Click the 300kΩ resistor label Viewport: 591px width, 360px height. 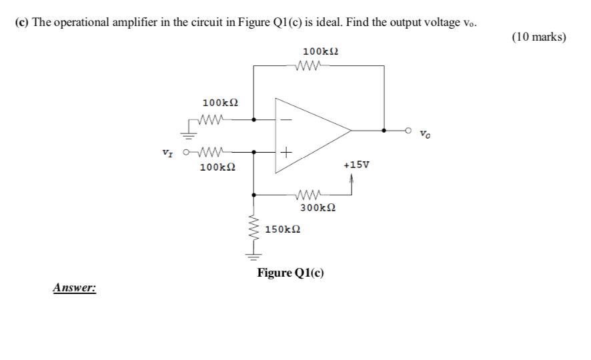pyautogui.click(x=318, y=208)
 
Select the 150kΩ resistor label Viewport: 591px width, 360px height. pyautogui.click(x=282, y=229)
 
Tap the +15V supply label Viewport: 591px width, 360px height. pyautogui.click(x=356, y=165)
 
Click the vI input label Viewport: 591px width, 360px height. pyautogui.click(x=169, y=153)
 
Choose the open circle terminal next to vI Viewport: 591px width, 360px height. pyautogui.click(x=186, y=153)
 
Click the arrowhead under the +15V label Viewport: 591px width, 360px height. pyautogui.click(x=351, y=177)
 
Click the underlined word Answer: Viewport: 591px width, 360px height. pyautogui.click(x=74, y=288)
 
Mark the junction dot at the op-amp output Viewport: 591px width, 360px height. pyautogui.click(x=384, y=131)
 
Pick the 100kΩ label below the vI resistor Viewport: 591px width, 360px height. pyautogui.click(x=217, y=167)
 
